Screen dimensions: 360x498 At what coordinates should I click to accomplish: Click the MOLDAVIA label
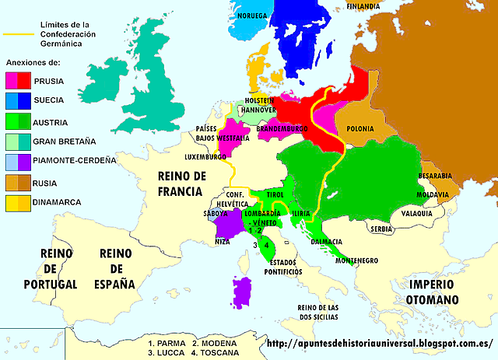pyautogui.click(x=434, y=193)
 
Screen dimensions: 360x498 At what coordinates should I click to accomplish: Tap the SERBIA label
pyautogui.click(x=381, y=229)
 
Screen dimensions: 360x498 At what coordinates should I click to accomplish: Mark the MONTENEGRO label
pyautogui.click(x=357, y=261)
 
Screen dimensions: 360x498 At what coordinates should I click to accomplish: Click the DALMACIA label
pyautogui.click(x=327, y=241)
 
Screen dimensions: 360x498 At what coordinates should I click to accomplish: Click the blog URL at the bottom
pyautogui.click(x=379, y=343)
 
